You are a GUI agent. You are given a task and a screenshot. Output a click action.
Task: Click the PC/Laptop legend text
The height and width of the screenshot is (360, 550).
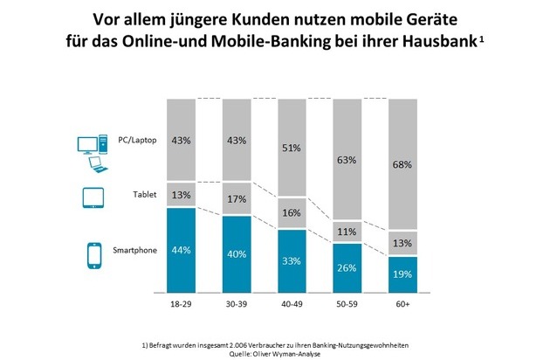[x=136, y=140]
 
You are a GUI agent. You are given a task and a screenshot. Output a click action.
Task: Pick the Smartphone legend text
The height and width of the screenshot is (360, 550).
[x=135, y=250]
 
